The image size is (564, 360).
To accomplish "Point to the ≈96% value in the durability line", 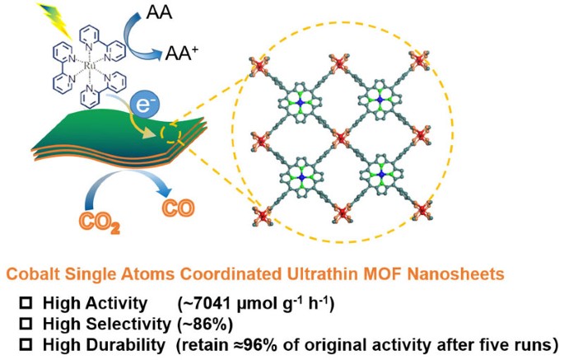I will pyautogui.click(x=291, y=343).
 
